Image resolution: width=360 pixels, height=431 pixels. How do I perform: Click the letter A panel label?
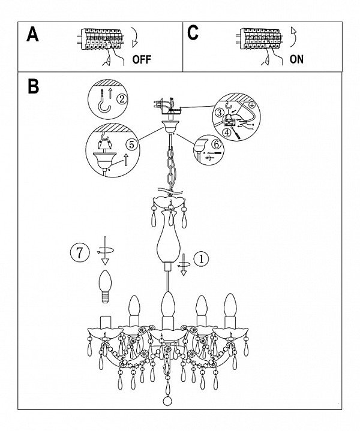[x=34, y=35]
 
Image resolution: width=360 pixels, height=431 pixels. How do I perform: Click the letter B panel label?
[x=34, y=86]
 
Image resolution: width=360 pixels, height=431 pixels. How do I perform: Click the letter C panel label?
[x=193, y=33]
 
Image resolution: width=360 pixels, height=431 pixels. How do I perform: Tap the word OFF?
[x=140, y=59]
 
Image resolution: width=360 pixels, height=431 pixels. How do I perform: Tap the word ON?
[x=296, y=59]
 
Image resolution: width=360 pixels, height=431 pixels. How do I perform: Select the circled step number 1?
[x=202, y=259]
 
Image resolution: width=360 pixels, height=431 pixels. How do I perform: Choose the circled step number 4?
[x=227, y=132]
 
